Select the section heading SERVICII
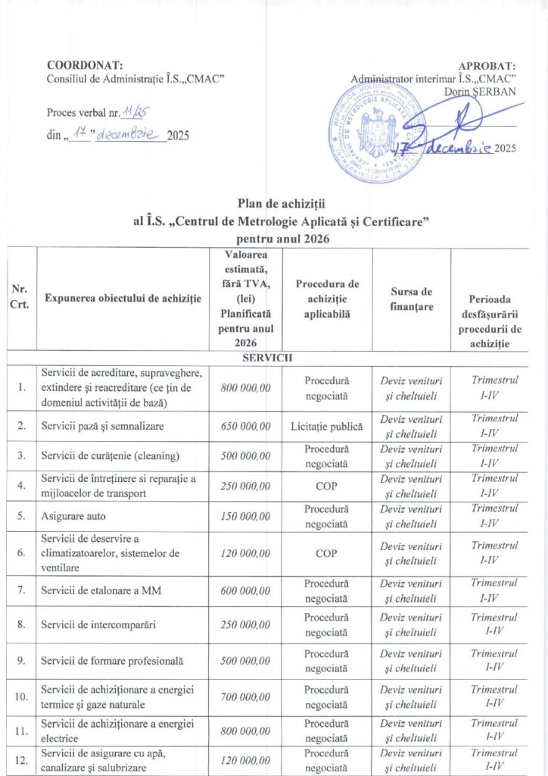[274, 357]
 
